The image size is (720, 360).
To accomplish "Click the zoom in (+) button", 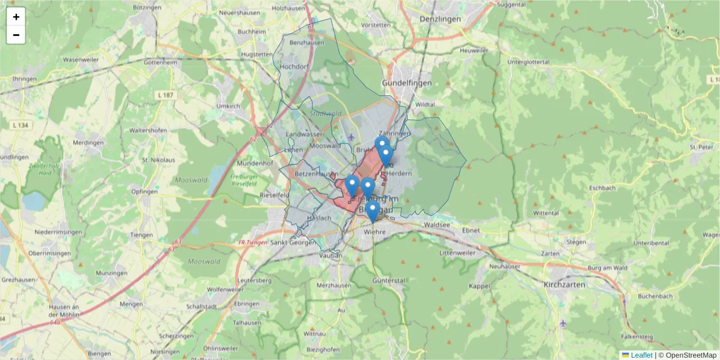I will [16, 17].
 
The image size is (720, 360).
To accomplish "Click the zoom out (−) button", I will [16, 35].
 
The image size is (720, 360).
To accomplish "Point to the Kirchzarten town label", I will [564, 284].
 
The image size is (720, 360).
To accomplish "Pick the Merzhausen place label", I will [333, 284].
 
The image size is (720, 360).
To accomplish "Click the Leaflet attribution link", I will [641, 355].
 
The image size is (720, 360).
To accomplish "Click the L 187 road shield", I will [165, 95].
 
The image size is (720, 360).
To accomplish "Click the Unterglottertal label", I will [529, 62].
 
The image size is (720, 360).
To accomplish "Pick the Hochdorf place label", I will [294, 66].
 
